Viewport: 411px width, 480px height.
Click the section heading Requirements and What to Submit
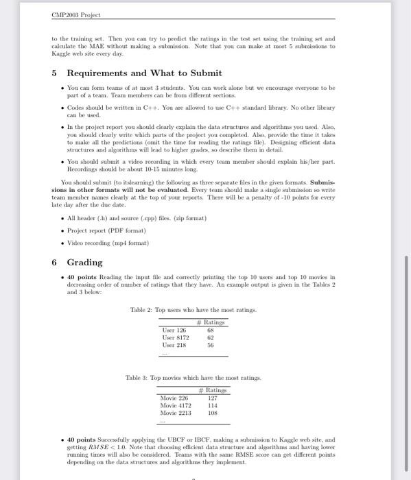tap(144, 73)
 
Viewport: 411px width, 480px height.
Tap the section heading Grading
tap(84, 262)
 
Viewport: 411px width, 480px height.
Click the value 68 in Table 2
tap(211, 330)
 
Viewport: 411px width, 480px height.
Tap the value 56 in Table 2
tap(211, 345)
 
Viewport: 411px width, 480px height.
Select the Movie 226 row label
tap(174, 398)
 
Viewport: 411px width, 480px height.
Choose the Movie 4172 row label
tap(176, 405)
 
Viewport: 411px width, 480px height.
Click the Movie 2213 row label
tap(176, 413)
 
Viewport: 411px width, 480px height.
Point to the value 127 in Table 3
tap(212, 398)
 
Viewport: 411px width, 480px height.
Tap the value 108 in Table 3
tap(212, 413)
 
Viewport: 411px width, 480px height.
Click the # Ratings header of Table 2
tap(211, 322)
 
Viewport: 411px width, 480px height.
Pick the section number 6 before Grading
tap(55, 262)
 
